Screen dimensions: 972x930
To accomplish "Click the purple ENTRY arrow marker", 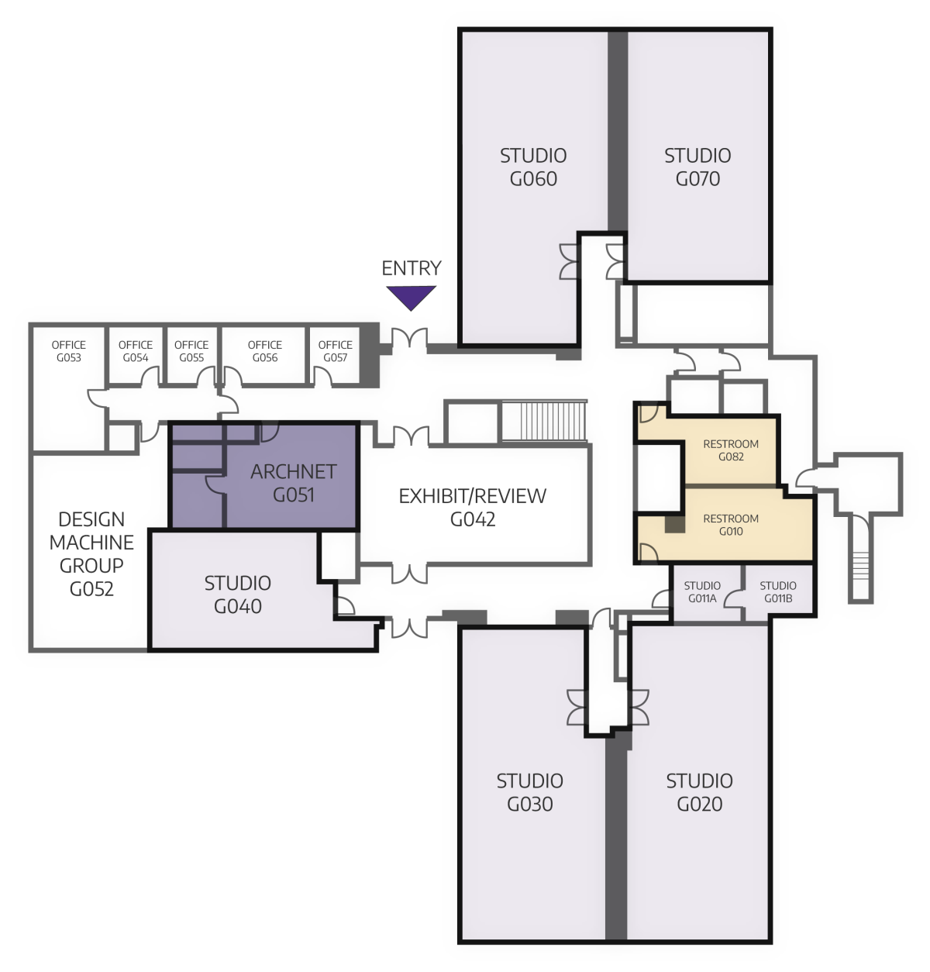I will coord(411,297).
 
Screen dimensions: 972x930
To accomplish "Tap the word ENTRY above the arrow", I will coord(411,268).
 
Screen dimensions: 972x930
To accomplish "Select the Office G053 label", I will coord(68,351).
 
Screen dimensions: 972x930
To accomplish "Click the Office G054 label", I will coord(136,351).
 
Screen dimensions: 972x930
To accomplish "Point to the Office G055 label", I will coord(191,351).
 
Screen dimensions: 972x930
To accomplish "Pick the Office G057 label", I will coord(335,351).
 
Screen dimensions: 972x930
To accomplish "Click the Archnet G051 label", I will coord(293,483).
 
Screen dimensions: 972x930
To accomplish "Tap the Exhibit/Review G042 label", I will coord(472,508).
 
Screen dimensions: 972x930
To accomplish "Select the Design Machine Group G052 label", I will coord(91,553).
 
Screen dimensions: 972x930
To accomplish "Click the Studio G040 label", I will coord(237,595).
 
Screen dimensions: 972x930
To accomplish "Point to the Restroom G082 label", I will coord(730,450).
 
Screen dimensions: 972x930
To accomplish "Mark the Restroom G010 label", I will coord(730,525).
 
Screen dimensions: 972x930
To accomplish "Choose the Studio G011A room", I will coord(702,592).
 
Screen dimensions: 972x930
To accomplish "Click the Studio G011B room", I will coord(777,592).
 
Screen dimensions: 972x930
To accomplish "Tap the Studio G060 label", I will coord(533,167).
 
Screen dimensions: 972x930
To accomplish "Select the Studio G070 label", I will coord(697,167).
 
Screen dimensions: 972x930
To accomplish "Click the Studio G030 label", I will coord(530,792).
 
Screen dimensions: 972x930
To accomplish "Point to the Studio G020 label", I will coord(699,792).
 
